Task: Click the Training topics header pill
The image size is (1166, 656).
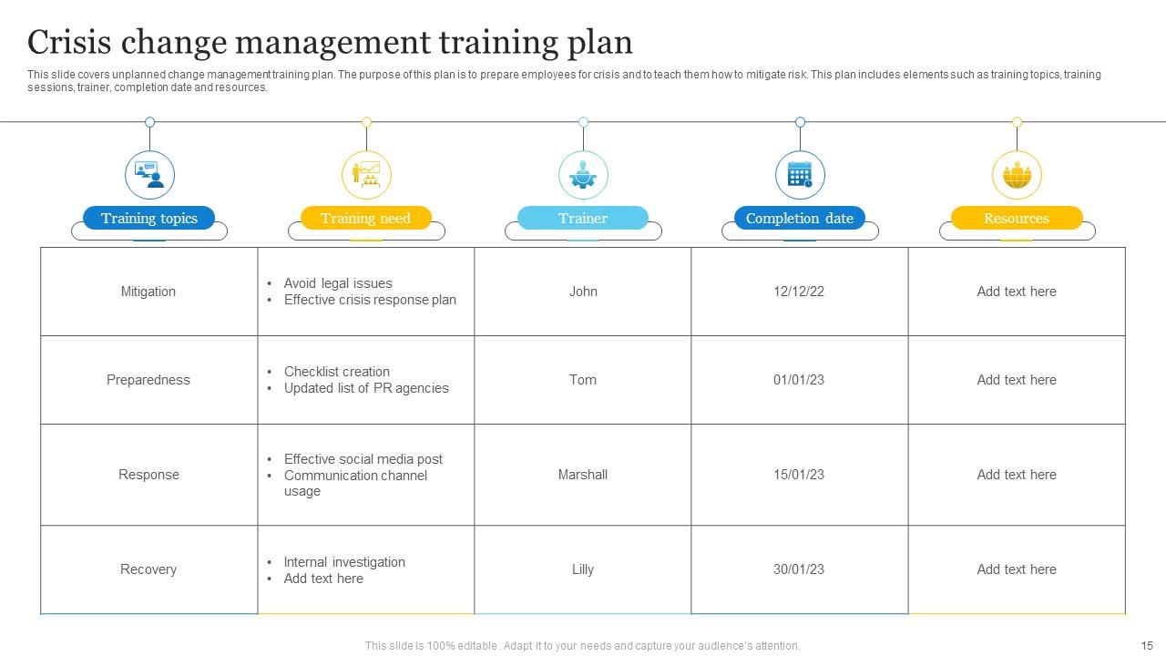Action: point(148,219)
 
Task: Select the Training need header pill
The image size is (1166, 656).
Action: point(365,219)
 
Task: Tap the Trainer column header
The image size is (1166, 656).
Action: point(583,219)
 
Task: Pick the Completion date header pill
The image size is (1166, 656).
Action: point(799,219)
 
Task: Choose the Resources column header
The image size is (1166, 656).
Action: point(1017,219)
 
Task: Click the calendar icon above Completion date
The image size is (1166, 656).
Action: point(800,174)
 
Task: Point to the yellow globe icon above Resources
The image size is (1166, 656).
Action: point(1017,174)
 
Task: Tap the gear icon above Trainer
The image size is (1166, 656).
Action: point(583,174)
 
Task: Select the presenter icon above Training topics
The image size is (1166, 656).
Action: point(149,174)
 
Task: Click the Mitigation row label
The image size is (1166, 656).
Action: point(148,292)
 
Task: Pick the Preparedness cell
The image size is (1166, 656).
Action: point(148,380)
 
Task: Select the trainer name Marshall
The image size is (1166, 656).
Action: point(583,475)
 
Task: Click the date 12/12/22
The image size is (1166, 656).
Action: point(799,292)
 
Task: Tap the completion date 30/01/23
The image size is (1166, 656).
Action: point(799,569)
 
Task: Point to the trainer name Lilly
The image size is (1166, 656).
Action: point(583,569)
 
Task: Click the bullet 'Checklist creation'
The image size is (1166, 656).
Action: point(337,372)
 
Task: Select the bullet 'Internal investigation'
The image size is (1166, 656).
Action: point(344,562)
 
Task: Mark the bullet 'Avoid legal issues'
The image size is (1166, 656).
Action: point(338,283)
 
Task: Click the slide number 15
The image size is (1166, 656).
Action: point(1147,645)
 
